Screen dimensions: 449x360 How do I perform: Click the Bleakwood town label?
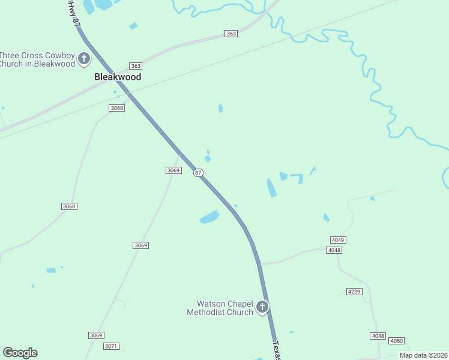pyautogui.click(x=118, y=77)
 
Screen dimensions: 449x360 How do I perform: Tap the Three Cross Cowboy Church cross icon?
pyautogui.click(x=84, y=59)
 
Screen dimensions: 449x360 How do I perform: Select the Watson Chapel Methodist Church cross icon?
pyautogui.click(x=262, y=307)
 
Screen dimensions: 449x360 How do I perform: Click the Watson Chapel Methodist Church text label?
pyautogui.click(x=220, y=308)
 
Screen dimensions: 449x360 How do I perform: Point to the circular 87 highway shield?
pyautogui.click(x=198, y=173)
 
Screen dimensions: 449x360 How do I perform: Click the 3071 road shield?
pyautogui.click(x=112, y=346)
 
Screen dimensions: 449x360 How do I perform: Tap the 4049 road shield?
pyautogui.click(x=338, y=240)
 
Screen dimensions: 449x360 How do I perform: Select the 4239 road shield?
pyautogui.click(x=354, y=292)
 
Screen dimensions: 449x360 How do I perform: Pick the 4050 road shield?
pyautogui.click(x=396, y=340)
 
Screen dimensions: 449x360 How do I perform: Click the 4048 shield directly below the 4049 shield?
pyautogui.click(x=334, y=250)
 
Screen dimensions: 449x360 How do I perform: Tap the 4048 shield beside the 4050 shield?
pyautogui.click(x=378, y=336)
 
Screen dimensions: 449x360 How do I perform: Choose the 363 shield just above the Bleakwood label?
pyautogui.click(x=136, y=66)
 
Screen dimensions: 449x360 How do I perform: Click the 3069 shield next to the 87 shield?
pyautogui.click(x=173, y=170)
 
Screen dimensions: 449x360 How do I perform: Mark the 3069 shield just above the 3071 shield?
pyautogui.click(x=96, y=335)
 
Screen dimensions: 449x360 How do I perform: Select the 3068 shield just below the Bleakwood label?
pyautogui.click(x=116, y=108)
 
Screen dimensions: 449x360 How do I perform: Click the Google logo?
pyautogui.click(x=20, y=352)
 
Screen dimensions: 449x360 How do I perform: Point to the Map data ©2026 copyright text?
pyautogui.click(x=423, y=355)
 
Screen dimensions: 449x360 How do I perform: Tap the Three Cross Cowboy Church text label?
pyautogui.click(x=37, y=59)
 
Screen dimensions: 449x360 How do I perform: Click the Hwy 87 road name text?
pyautogui.click(x=73, y=12)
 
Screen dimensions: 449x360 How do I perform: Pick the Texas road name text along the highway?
pyautogui.click(x=277, y=351)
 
